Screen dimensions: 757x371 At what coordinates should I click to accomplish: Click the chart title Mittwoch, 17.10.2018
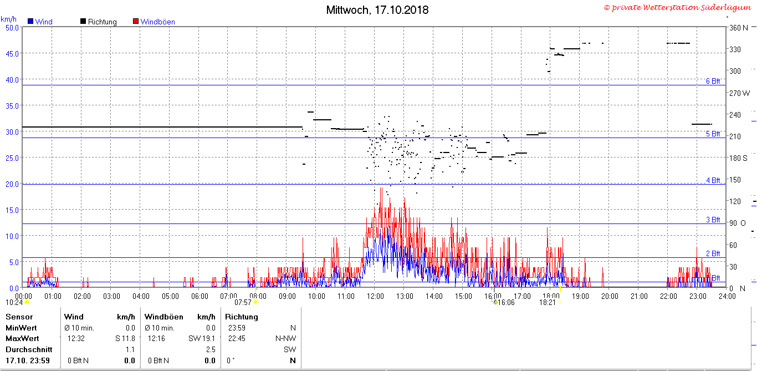[x=377, y=10]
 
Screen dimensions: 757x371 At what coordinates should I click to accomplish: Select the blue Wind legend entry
[x=40, y=22]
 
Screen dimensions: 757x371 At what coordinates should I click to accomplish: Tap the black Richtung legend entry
[x=98, y=22]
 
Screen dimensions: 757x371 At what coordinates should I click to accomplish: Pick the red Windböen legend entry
[x=154, y=22]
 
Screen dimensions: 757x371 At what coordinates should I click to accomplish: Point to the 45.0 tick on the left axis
[x=12, y=53]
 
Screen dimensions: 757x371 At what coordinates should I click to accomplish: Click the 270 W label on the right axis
[x=739, y=93]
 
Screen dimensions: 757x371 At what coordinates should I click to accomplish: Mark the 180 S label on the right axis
[x=738, y=158]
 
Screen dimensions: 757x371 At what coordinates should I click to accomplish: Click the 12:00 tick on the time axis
[x=375, y=296]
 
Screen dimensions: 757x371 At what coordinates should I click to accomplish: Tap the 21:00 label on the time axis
[x=639, y=296]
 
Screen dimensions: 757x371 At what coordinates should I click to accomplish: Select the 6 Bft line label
[x=713, y=81]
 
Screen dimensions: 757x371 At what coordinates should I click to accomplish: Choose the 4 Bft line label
[x=713, y=180]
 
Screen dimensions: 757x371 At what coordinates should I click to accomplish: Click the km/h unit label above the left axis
[x=8, y=19]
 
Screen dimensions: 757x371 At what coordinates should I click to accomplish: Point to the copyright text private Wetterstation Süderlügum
[x=678, y=7]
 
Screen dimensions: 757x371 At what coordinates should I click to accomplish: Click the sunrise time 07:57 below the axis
[x=243, y=302]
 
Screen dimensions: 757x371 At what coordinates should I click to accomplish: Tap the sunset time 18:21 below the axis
[x=548, y=302]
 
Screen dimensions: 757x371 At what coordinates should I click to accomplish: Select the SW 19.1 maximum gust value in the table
[x=201, y=338]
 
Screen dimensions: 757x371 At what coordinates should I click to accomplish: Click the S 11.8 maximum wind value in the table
[x=125, y=338]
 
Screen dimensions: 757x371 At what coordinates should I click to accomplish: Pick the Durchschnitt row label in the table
[x=29, y=349]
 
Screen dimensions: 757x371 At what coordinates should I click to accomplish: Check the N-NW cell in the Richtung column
[x=285, y=338]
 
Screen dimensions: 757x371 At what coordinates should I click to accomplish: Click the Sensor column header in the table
[x=19, y=317]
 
